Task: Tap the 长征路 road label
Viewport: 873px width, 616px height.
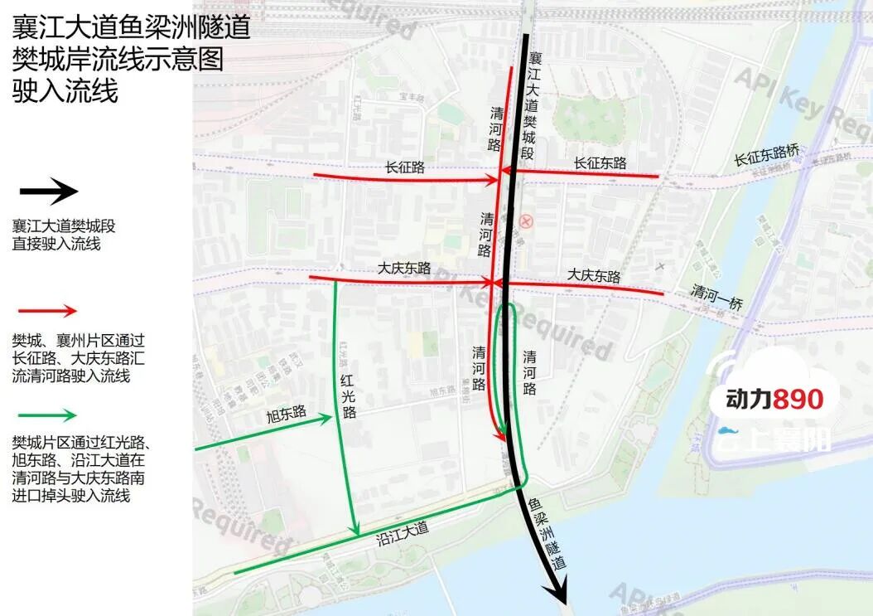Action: coord(405,167)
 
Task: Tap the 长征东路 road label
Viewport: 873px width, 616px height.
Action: coord(600,163)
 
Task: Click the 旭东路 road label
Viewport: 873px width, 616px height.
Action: coord(287,412)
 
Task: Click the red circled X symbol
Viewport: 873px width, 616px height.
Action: coord(525,221)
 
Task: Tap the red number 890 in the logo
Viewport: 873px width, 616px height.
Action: coord(798,400)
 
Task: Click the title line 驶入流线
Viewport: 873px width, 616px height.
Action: coord(65,90)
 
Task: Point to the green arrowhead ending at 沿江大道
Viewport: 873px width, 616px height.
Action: coord(355,528)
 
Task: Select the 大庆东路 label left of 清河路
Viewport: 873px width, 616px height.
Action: coord(404,269)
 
